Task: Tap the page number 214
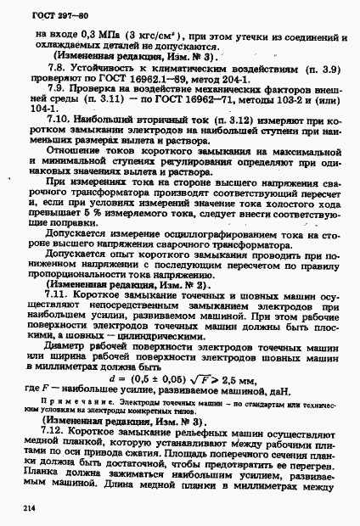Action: point(20,506)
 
